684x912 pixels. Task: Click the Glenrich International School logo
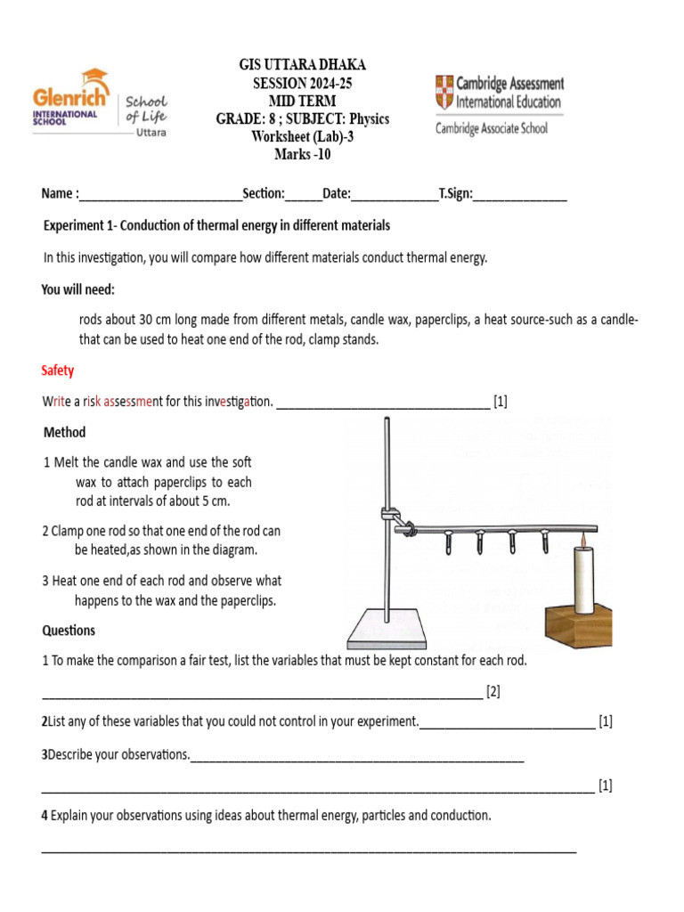(98, 102)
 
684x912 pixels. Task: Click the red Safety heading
(58, 370)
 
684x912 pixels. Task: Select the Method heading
(65, 432)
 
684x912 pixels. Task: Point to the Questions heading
(69, 631)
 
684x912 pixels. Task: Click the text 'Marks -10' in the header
(302, 154)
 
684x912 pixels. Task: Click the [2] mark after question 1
(493, 691)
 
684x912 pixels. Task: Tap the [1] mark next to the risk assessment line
(501, 402)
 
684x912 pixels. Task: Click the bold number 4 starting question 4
(44, 816)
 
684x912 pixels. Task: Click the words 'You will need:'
(78, 290)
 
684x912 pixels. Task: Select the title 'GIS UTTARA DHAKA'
(302, 66)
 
